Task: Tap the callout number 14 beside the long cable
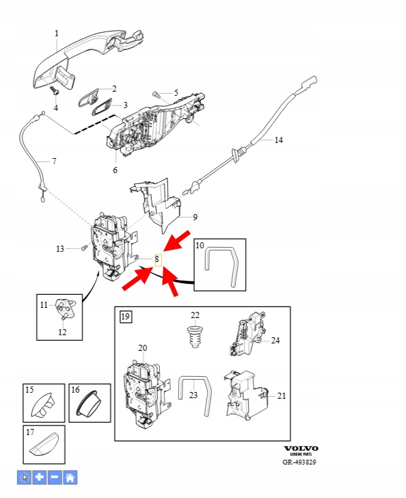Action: point(278,140)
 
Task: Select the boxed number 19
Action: point(125,317)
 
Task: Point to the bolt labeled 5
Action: point(155,94)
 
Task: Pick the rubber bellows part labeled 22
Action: point(193,336)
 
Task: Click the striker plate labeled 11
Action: point(66,307)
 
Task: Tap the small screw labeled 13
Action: point(84,248)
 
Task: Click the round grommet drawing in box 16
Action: point(90,404)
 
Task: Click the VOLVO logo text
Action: point(301,448)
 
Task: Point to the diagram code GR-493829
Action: point(299,462)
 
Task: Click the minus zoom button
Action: point(55,477)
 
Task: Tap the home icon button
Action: point(70,477)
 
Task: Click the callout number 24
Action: point(275,341)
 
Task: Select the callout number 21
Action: point(281,395)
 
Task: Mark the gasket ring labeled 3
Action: point(102,107)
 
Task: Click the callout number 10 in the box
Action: point(200,246)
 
